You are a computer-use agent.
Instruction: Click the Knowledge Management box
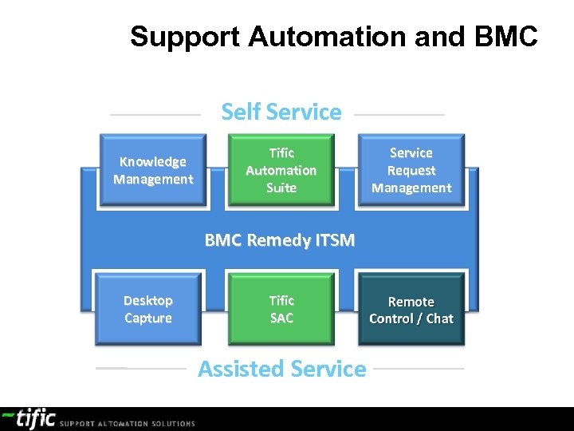click(152, 171)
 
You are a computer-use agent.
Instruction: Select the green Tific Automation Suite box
click(281, 171)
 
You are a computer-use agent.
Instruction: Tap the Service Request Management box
click(411, 171)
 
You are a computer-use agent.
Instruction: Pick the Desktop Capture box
click(148, 309)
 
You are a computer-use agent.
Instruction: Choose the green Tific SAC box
click(281, 309)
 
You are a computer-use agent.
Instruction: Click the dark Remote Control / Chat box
click(411, 310)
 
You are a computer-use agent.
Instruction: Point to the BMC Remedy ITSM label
click(280, 239)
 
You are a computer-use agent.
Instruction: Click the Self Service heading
click(281, 113)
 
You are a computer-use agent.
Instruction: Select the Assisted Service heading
click(281, 369)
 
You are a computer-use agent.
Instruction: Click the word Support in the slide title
click(186, 37)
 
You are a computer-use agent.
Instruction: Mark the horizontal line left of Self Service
click(155, 115)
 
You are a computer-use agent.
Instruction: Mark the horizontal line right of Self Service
click(399, 115)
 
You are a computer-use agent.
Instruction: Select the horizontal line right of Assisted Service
click(419, 369)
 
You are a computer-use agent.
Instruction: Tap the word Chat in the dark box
click(439, 318)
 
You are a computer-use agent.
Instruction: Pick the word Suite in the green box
click(281, 188)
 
